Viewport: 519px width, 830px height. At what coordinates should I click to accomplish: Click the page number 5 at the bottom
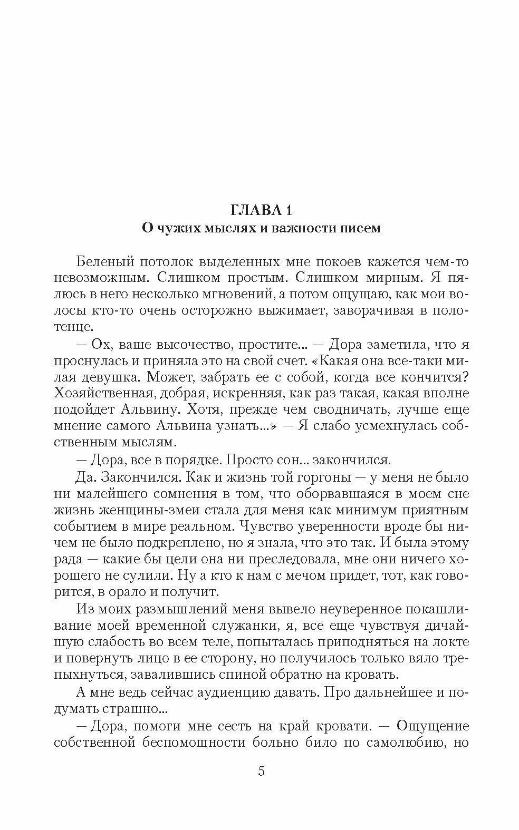261,772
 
